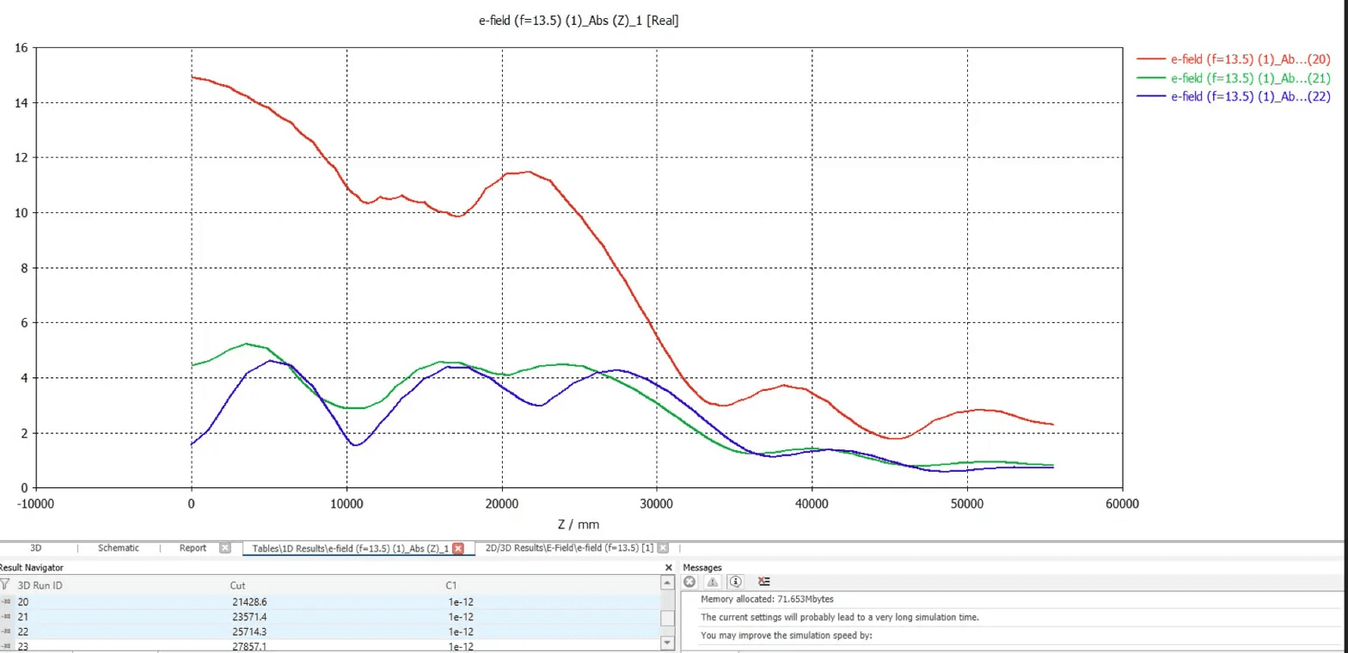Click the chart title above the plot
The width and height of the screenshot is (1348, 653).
(579, 21)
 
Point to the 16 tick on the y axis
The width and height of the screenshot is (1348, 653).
(21, 48)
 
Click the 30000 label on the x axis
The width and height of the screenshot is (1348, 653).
(657, 504)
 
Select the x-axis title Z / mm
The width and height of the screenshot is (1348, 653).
(578, 524)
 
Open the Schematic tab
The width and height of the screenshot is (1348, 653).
(118, 548)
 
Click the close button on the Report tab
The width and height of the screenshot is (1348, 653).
(225, 548)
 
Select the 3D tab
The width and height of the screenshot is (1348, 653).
(35, 548)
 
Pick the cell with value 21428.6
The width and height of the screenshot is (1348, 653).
(249, 601)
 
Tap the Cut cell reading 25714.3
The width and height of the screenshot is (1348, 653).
(249, 632)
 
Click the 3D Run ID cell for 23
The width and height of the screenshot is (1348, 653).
(23, 646)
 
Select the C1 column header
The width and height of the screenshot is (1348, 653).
(451, 585)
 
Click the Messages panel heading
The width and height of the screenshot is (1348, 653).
(702, 567)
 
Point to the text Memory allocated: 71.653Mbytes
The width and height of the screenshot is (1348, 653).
(767, 599)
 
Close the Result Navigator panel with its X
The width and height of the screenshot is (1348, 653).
(669, 568)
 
